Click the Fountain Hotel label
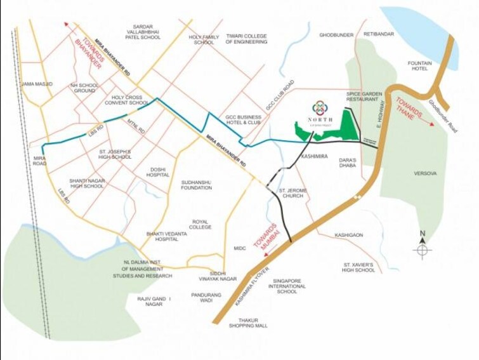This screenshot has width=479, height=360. (x=420, y=66)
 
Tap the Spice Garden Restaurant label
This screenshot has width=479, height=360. (x=364, y=97)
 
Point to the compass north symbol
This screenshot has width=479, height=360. (x=422, y=249)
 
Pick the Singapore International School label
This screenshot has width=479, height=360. (x=287, y=286)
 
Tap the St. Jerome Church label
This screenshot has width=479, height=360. (x=294, y=193)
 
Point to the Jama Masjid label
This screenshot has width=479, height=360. (x=37, y=84)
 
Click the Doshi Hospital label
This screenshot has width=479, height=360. (x=158, y=172)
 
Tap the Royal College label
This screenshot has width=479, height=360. (x=200, y=224)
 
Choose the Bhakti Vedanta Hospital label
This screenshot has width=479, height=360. (x=167, y=237)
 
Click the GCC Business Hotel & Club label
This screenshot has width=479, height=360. (x=243, y=121)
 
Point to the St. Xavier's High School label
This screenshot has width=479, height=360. (x=359, y=267)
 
